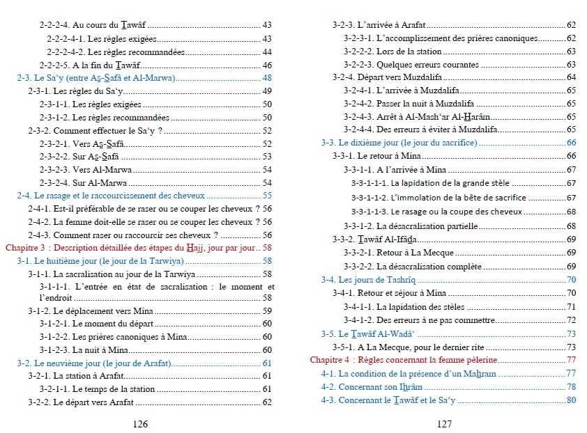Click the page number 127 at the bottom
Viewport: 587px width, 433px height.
pos(445,423)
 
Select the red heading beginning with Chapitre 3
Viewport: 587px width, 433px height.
pos(132,248)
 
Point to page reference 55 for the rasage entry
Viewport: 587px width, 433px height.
pos(267,196)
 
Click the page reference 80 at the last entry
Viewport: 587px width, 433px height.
pos(571,400)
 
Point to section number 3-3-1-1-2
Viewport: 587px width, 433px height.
pos(369,198)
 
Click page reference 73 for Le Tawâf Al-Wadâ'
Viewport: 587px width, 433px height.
pos(571,333)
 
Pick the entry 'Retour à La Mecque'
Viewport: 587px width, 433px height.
pos(415,253)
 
